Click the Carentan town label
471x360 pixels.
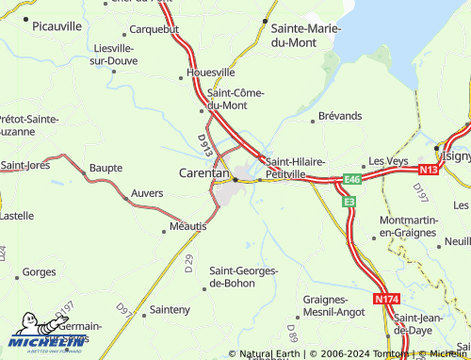[x=204, y=172]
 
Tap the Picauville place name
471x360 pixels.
[x=57, y=27]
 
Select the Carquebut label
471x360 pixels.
[x=154, y=29]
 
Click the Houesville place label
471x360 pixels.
[x=211, y=72]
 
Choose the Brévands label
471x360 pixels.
[x=340, y=115]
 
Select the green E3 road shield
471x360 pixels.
[x=349, y=202]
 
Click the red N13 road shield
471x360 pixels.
[x=429, y=170]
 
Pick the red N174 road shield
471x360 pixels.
[x=386, y=299]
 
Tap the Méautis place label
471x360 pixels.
[x=187, y=226]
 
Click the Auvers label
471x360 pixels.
[x=146, y=193]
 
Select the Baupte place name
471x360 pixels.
[x=106, y=168]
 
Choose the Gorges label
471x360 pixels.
[x=39, y=272]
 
